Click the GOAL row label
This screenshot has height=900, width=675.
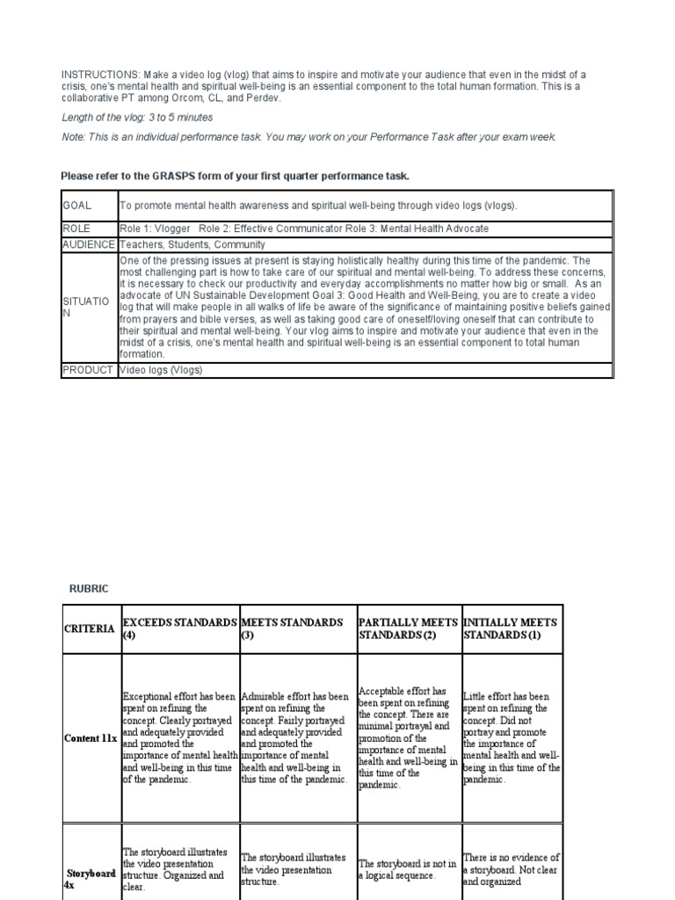77,205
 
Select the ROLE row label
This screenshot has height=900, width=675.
76,229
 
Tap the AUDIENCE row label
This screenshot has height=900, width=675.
88,244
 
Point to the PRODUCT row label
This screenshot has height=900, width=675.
89,370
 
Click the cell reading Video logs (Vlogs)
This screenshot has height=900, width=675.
161,370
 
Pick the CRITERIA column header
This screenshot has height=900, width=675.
90,628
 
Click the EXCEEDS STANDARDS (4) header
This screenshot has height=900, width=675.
179,628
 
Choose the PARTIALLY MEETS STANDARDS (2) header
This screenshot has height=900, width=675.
408,628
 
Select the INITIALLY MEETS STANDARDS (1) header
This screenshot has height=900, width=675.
511,628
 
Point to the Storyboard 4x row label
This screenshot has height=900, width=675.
91,879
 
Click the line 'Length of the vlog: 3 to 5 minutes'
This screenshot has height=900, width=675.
137,117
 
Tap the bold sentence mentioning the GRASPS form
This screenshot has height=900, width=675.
235,177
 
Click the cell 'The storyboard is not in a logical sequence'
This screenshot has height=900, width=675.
408,869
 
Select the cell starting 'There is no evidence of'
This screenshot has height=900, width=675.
511,869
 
